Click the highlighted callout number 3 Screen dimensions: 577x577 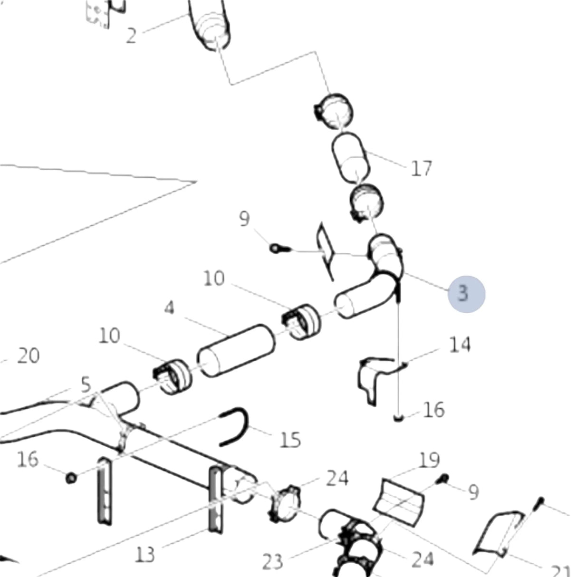(463, 293)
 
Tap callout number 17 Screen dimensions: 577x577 (421, 168)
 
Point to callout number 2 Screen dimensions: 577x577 (131, 36)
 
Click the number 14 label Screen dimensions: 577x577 (460, 344)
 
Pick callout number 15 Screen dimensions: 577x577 (290, 440)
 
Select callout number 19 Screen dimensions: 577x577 (429, 460)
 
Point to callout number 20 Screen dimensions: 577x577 (28, 356)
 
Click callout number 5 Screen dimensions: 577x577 (86, 385)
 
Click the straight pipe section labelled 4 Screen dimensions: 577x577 (236, 350)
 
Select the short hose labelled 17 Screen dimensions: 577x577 (351, 158)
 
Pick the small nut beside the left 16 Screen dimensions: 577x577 (71, 478)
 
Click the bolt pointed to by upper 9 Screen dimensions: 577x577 (280, 248)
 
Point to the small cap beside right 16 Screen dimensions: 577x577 (398, 418)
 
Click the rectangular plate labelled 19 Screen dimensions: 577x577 (399, 503)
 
